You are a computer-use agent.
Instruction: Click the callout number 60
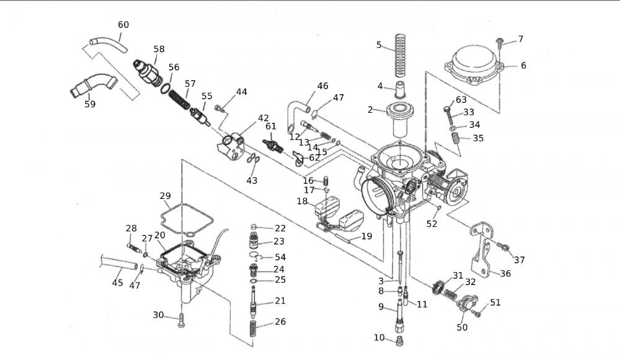coord(123,25)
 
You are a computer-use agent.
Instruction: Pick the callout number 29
coord(164,196)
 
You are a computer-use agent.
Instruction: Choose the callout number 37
coord(519,260)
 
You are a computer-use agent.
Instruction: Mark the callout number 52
coord(432,223)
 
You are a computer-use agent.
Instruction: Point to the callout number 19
coord(366,235)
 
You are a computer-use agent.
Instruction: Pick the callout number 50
coord(462,327)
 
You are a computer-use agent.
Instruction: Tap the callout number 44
coord(241,92)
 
